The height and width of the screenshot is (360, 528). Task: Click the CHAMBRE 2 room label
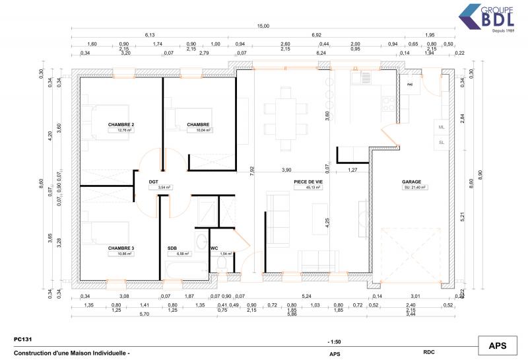coord(121,125)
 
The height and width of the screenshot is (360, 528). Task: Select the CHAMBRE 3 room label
coord(121,248)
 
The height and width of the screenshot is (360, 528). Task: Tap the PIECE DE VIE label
coord(308,182)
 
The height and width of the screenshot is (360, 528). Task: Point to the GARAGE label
coord(411,182)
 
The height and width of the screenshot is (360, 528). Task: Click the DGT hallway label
coord(153,182)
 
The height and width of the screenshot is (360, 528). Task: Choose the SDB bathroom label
coord(172,248)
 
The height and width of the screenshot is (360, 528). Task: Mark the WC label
coord(214,248)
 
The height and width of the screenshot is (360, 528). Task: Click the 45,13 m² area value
coord(308,188)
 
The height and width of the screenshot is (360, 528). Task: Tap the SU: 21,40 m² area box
coord(415,188)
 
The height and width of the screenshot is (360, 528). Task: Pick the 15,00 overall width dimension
coord(263,26)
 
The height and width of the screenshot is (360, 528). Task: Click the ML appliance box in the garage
coord(441,127)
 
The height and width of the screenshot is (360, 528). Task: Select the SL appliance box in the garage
coord(441,142)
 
